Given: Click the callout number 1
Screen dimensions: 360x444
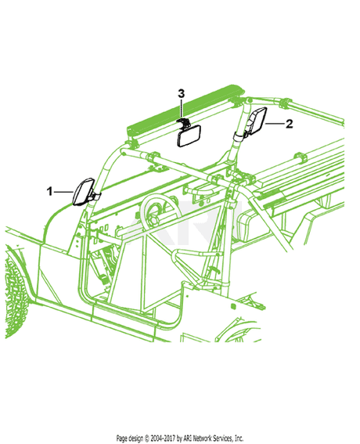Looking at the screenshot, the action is pyautogui.click(x=50, y=192).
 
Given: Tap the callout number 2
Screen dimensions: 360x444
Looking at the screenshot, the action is pyautogui.click(x=289, y=124).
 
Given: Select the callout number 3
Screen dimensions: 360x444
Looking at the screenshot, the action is pyautogui.click(x=181, y=93).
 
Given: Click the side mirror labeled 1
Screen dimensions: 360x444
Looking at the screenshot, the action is pyautogui.click(x=84, y=192).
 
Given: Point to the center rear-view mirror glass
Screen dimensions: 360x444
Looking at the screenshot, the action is pyautogui.click(x=189, y=136).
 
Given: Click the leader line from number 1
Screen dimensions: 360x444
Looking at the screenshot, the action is pyautogui.click(x=63, y=192).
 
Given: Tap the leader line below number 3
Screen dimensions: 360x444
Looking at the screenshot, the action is pyautogui.click(x=182, y=109).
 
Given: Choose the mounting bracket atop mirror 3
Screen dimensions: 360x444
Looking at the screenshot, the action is pyautogui.click(x=183, y=123).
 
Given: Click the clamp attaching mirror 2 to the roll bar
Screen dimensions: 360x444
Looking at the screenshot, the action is pyautogui.click(x=240, y=135).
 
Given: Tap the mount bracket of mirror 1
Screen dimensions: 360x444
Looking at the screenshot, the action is pyautogui.click(x=95, y=196).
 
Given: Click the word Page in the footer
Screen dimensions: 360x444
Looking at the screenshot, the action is pyautogui.click(x=122, y=438).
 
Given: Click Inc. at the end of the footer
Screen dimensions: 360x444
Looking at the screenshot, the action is pyautogui.click(x=239, y=438).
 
